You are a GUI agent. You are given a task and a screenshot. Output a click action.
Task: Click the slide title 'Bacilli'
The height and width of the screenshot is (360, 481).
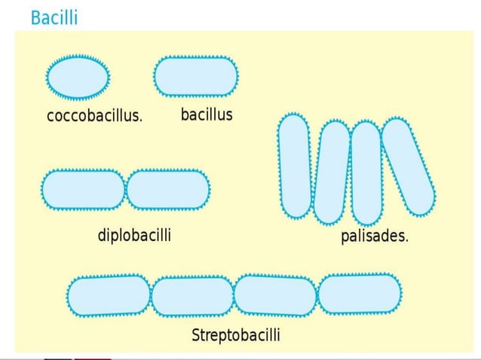click(x=54, y=17)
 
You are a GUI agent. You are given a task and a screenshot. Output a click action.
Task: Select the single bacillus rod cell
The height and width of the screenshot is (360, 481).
click(x=196, y=76)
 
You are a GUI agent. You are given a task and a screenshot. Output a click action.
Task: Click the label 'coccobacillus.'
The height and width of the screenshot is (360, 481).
click(x=94, y=117)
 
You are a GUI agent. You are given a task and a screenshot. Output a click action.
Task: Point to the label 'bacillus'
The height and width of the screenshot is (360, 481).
click(x=207, y=115)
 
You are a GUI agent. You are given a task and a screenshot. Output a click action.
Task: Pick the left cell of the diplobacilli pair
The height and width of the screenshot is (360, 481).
click(x=83, y=189)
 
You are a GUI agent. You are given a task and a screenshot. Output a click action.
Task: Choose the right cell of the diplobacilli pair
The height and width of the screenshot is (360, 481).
click(x=168, y=189)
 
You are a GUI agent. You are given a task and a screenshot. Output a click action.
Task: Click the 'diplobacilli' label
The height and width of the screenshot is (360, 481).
click(x=134, y=236)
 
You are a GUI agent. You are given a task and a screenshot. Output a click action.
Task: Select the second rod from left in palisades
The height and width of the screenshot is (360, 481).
click(x=331, y=172)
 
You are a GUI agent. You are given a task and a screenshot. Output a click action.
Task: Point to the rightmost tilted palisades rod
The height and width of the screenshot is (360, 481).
click(x=408, y=166)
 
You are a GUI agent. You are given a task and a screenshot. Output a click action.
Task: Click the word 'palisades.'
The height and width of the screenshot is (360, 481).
click(x=375, y=236)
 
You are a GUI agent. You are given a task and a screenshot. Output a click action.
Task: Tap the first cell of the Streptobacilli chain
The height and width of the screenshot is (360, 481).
click(x=109, y=295)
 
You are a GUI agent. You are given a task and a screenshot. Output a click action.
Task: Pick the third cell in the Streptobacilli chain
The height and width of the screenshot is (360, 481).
click(x=275, y=295)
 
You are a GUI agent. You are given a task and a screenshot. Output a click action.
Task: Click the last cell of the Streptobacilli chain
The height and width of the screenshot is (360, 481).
click(x=360, y=293)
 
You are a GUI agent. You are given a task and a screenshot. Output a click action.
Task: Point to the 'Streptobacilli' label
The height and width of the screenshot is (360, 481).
click(x=236, y=334)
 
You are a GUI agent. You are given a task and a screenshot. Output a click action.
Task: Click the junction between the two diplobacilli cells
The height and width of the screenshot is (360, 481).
click(x=126, y=189)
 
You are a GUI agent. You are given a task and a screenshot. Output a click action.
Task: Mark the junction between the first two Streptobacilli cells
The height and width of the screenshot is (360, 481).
click(x=152, y=296)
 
